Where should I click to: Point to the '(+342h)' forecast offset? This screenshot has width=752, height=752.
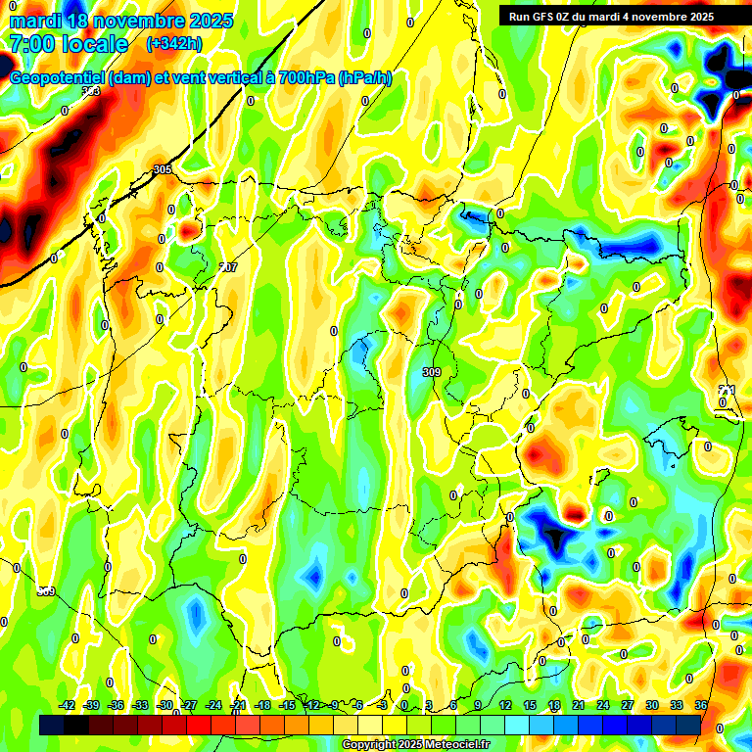tap(173, 44)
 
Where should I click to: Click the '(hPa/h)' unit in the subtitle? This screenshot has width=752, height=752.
tap(364, 78)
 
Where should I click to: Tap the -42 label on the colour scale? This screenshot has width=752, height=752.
tap(68, 705)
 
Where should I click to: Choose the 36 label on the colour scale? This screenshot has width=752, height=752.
tap(701, 705)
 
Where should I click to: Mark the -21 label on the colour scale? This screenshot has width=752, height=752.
tap(238, 705)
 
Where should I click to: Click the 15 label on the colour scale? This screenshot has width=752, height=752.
tap(530, 705)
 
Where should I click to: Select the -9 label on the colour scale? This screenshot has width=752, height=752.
tap(334, 705)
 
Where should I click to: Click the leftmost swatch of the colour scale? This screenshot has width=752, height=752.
tap(52, 725)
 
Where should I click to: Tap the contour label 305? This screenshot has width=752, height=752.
tap(163, 169)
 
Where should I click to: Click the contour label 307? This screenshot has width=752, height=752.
tap(228, 266)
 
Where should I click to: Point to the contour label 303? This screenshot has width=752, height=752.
tap(91, 91)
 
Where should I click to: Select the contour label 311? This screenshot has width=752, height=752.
tap(726, 390)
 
